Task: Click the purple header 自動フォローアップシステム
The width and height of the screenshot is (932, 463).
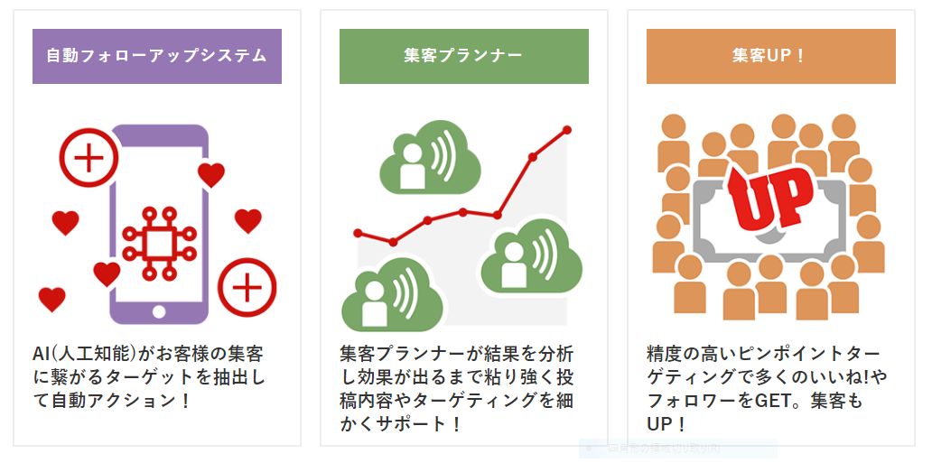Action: point(156,56)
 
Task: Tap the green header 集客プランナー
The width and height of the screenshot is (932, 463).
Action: point(463,56)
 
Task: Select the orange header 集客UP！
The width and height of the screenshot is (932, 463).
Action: point(770,56)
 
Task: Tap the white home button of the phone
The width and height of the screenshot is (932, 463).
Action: point(159,311)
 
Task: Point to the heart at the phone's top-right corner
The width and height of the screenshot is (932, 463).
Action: point(211,174)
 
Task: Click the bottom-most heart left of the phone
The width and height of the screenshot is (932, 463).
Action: point(52,299)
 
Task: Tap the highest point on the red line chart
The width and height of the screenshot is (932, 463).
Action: point(567,130)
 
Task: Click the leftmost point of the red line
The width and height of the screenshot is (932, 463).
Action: point(358,233)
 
